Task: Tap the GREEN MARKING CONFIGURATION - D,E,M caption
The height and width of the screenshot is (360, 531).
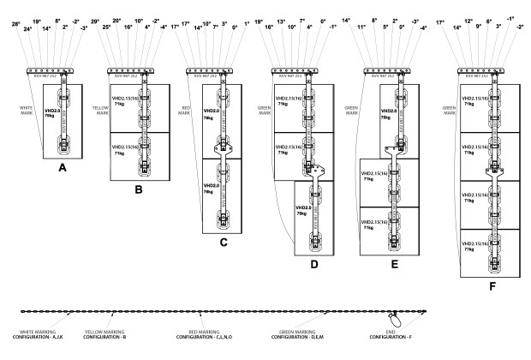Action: point(303,334)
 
